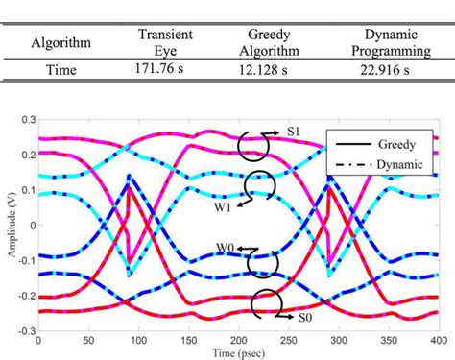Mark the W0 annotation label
click(x=227, y=246)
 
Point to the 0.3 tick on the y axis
click(x=26, y=120)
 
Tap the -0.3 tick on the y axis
click(x=24, y=329)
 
